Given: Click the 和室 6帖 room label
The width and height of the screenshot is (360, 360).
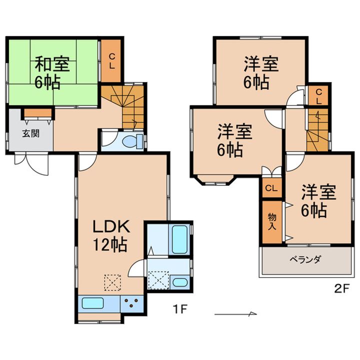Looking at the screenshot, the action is point(52,73).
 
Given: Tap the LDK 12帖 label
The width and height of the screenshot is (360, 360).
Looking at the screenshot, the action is point(111,235).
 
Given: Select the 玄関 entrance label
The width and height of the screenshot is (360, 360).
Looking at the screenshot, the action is point(31,133).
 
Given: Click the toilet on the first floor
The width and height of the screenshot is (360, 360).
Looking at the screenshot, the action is point(132,140).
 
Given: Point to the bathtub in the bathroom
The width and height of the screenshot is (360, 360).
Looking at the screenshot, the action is point(180,239).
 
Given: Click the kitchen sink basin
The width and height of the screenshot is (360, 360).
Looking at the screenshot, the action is point(92,303).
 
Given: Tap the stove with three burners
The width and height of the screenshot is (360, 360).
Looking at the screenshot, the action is point(132,303).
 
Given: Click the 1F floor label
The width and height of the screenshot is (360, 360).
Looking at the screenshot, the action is point(180,309).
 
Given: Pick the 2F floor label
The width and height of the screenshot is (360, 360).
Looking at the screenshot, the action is point(341,288).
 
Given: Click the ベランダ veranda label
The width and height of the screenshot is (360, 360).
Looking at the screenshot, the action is point(304,259).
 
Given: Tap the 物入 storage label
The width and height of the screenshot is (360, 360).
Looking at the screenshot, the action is point(272,221).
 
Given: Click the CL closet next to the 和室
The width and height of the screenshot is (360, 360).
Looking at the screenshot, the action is point(111,61).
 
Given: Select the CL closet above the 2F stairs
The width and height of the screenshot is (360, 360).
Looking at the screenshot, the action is point(318,96).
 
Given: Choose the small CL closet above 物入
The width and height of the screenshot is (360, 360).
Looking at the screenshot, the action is point(272,188).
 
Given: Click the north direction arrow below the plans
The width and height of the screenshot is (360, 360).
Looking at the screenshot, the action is point(235,313).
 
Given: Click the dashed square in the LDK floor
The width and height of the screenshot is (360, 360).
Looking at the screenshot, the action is point(112,282).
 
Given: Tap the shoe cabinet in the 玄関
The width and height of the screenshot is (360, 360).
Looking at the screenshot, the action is point(38,112).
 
